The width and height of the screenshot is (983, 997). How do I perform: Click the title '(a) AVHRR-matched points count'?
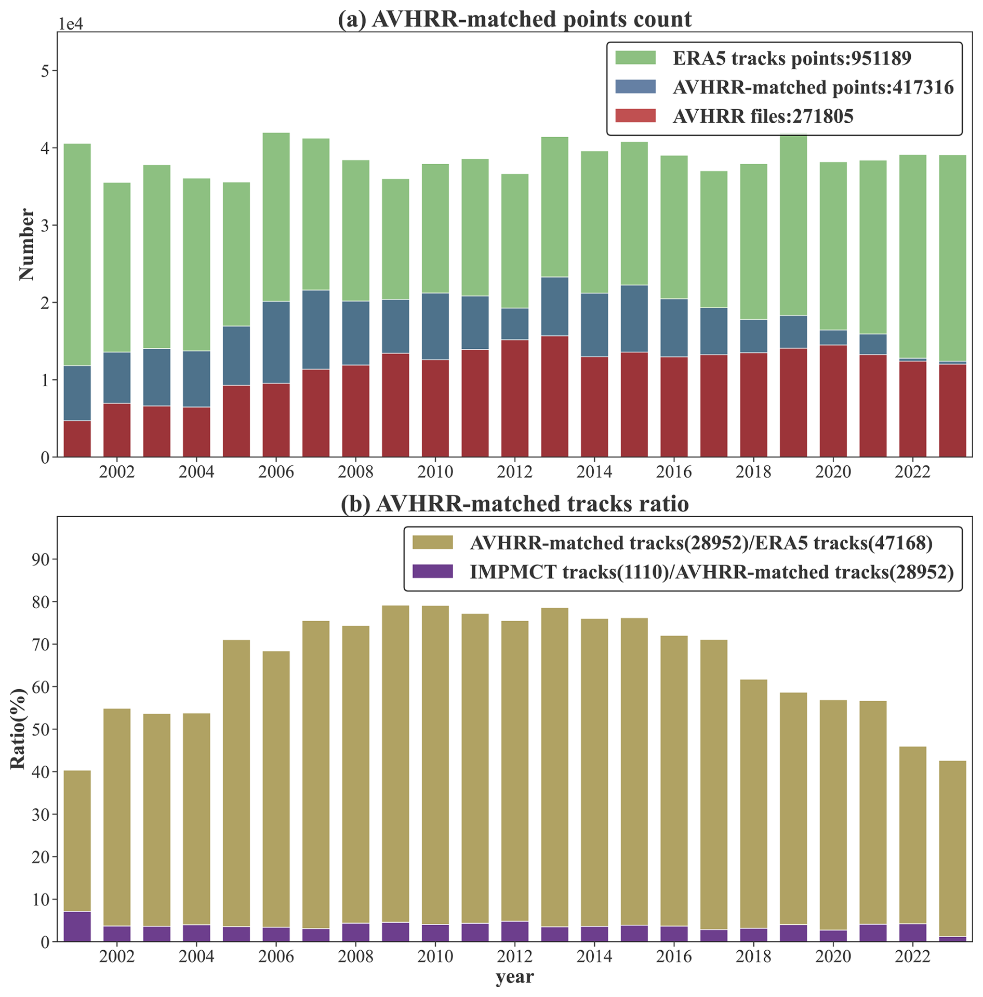click(514, 19)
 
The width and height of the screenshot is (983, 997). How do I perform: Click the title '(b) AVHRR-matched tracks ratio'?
click(514, 504)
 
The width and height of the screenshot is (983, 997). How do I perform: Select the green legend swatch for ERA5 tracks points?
click(635, 58)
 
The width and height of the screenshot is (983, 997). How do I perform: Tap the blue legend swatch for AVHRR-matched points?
click(635, 87)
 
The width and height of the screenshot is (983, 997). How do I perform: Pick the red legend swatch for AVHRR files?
click(635, 116)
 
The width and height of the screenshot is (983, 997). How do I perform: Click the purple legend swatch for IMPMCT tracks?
click(432, 572)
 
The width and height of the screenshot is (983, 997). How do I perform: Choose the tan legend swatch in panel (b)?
click(432, 543)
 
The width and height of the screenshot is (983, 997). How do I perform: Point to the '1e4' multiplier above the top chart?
click(70, 24)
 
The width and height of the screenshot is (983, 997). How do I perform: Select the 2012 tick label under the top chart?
click(514, 472)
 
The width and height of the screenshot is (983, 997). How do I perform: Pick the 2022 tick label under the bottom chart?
click(913, 956)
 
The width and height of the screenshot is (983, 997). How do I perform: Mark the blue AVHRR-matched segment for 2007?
click(316, 329)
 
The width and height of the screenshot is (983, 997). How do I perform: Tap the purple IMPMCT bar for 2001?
click(77, 926)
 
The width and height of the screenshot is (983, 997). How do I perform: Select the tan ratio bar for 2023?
click(952, 847)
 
